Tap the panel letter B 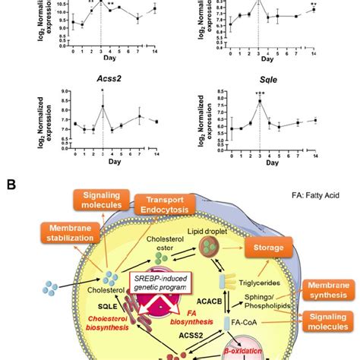pyautogui.click(x=11, y=185)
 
